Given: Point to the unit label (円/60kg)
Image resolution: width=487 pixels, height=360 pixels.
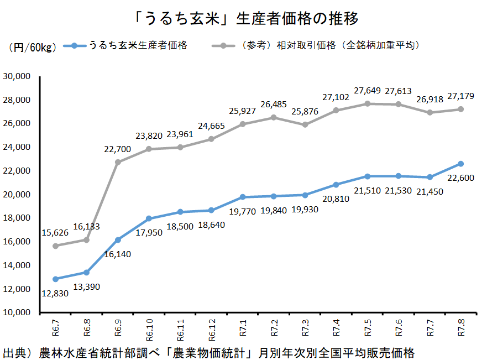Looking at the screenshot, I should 32,48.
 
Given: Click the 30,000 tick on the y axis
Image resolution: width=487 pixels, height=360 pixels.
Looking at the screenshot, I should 18,76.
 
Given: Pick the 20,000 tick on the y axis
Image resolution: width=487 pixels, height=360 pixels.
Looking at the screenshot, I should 18,195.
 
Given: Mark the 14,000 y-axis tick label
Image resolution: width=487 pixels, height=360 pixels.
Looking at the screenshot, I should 18,265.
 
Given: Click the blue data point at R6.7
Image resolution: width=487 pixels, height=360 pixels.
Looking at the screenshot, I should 55,279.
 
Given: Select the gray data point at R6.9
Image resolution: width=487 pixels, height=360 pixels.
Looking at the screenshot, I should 118,162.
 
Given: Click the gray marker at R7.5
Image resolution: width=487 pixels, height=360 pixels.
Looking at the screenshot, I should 368,103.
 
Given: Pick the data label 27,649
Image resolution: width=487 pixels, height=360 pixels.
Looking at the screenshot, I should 367,91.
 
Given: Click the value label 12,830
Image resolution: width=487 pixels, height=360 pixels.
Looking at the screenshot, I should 54,293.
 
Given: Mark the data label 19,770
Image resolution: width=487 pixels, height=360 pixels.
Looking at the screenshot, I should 243,211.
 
